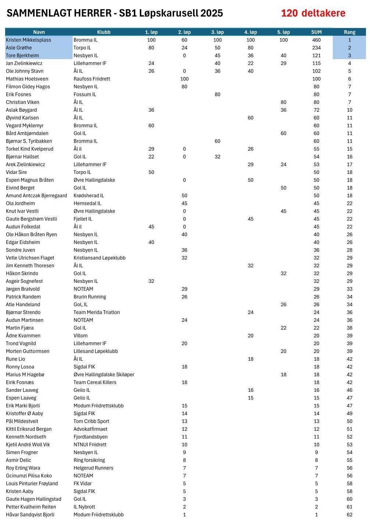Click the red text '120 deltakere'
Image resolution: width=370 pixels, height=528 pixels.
(x=313, y=13)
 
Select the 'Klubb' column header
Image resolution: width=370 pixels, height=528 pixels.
(x=104, y=32)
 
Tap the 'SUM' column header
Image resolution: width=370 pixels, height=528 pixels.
(x=316, y=32)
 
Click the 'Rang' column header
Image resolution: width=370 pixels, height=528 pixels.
(x=349, y=32)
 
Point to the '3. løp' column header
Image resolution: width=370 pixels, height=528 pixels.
(x=217, y=32)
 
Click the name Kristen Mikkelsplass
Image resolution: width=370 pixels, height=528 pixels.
(x=28, y=40)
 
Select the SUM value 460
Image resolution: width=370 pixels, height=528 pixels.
(x=316, y=40)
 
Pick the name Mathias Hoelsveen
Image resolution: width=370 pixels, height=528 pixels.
(x=27, y=79)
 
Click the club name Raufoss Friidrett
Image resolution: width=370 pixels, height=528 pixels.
(x=92, y=79)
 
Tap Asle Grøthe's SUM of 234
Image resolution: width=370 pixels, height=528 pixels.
(x=316, y=48)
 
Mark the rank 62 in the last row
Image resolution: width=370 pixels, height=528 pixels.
(x=349, y=515)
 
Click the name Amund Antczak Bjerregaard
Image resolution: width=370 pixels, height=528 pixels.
(x=36, y=196)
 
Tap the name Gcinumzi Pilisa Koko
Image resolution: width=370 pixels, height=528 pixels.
(x=29, y=476)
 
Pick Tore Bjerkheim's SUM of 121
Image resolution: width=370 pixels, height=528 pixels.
(x=316, y=56)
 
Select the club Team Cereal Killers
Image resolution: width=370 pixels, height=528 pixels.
(x=95, y=382)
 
